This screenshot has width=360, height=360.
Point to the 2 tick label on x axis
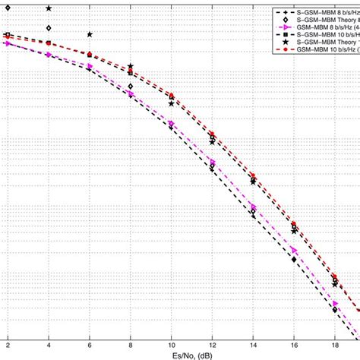8,344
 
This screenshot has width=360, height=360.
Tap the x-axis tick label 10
172,344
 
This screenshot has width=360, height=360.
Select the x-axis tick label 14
254,344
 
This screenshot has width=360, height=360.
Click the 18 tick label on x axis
336,344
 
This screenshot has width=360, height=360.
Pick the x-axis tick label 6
90,344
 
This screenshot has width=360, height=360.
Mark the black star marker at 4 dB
49,8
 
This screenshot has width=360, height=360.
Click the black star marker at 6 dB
90,35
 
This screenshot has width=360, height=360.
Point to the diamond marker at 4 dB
49,28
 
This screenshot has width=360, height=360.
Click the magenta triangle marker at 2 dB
8,43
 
